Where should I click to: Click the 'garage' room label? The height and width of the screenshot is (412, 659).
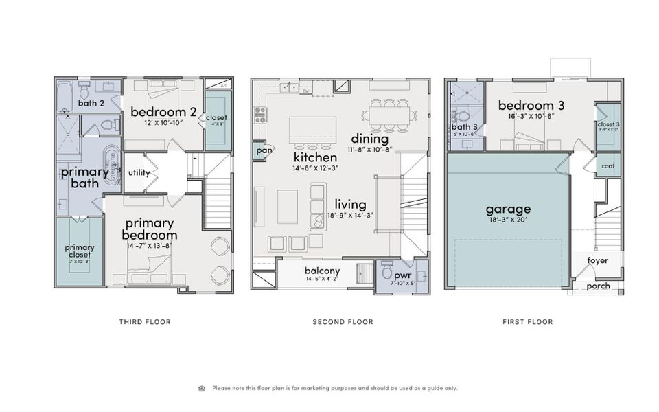(x=508, y=209)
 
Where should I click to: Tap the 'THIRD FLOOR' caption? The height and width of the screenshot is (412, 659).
(x=145, y=321)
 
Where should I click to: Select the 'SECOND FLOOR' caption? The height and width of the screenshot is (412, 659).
(x=343, y=321)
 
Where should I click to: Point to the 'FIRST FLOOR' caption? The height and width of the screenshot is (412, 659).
(x=527, y=321)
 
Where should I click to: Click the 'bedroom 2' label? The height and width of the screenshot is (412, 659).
(x=163, y=112)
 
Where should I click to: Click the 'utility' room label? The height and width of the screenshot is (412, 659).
(x=139, y=172)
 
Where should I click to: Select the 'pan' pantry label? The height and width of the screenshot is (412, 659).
(x=263, y=150)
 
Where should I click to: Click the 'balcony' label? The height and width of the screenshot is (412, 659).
(x=322, y=271)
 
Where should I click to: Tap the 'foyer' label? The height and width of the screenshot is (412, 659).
(x=597, y=260)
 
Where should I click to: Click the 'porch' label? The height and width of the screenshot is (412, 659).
(x=597, y=286)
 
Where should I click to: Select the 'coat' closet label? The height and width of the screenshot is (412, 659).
(x=608, y=166)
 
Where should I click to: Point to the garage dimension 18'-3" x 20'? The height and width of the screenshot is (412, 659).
(x=508, y=221)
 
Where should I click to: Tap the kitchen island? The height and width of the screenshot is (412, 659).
(x=312, y=129)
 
